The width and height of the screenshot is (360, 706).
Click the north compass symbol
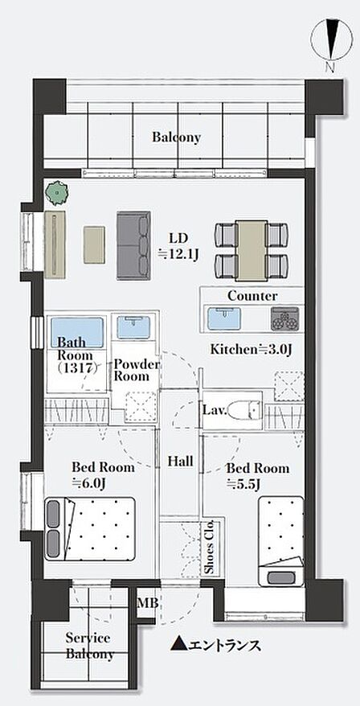coord(333,43)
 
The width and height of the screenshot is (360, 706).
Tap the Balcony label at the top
coord(176,138)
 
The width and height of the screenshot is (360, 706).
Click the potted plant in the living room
coord(57,194)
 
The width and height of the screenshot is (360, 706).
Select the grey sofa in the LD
coord(133,245)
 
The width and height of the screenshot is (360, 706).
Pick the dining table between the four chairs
coord(252,251)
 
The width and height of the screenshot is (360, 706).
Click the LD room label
coord(178,246)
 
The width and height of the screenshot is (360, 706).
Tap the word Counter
coord(252,296)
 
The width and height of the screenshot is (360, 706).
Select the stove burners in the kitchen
coord(284,318)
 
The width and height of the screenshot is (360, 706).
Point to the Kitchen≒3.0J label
coord(252,349)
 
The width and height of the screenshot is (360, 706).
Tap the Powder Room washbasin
coord(133,327)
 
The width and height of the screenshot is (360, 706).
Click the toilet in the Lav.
coord(244,410)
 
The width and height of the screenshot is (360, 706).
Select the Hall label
coord(181,461)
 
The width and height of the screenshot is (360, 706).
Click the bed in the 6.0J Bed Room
coord(90,528)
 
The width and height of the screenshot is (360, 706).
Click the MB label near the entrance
coord(148,603)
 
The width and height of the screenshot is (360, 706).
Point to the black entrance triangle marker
coord(178,645)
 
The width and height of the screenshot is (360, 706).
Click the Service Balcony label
coord(88,646)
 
